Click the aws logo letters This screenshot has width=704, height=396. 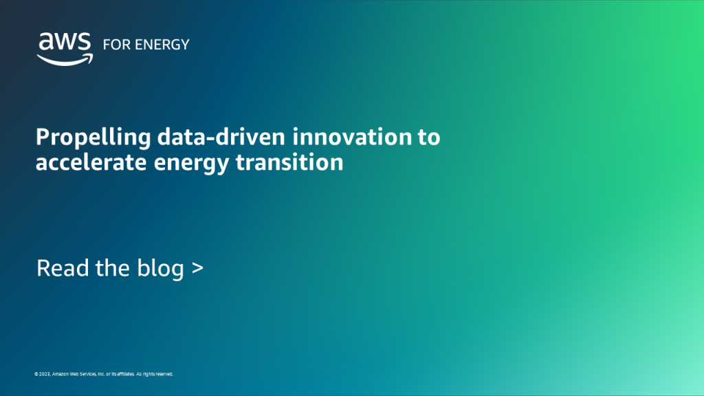[x=65, y=43]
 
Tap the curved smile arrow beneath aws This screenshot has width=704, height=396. [x=65, y=60]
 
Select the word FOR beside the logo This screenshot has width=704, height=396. [x=113, y=45]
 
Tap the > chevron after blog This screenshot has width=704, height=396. [x=197, y=269]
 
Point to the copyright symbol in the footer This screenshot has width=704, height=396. [x=36, y=375]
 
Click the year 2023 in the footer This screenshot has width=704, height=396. [x=44, y=375]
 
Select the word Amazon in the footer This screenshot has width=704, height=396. [x=60, y=375]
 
